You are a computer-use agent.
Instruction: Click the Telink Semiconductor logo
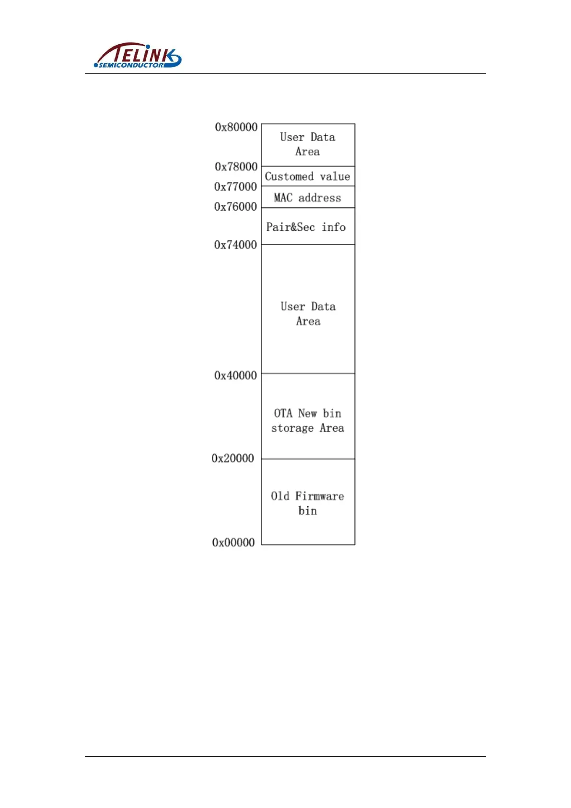click(x=138, y=55)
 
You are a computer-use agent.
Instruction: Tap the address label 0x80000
click(x=236, y=127)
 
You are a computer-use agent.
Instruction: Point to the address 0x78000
click(x=236, y=166)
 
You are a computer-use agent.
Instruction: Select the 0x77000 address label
click(x=235, y=187)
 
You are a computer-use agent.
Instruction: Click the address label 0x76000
click(x=235, y=207)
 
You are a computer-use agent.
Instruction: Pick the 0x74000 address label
click(x=235, y=245)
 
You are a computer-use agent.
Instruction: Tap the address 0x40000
click(x=235, y=376)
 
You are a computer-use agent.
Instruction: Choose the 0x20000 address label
click(x=233, y=459)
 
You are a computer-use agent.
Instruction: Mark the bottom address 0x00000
click(x=233, y=543)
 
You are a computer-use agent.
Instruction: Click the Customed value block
click(x=308, y=177)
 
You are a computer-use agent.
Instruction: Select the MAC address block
click(x=308, y=197)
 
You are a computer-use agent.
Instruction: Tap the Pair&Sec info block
click(x=308, y=226)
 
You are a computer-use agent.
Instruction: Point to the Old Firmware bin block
click(x=308, y=502)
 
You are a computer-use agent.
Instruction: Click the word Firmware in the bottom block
click(x=319, y=496)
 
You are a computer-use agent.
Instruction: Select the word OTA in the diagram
click(x=283, y=413)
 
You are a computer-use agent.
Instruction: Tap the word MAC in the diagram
click(x=283, y=198)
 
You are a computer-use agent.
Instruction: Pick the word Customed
click(x=289, y=177)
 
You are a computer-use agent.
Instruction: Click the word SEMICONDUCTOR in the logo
click(x=131, y=65)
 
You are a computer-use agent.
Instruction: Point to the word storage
click(x=292, y=428)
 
